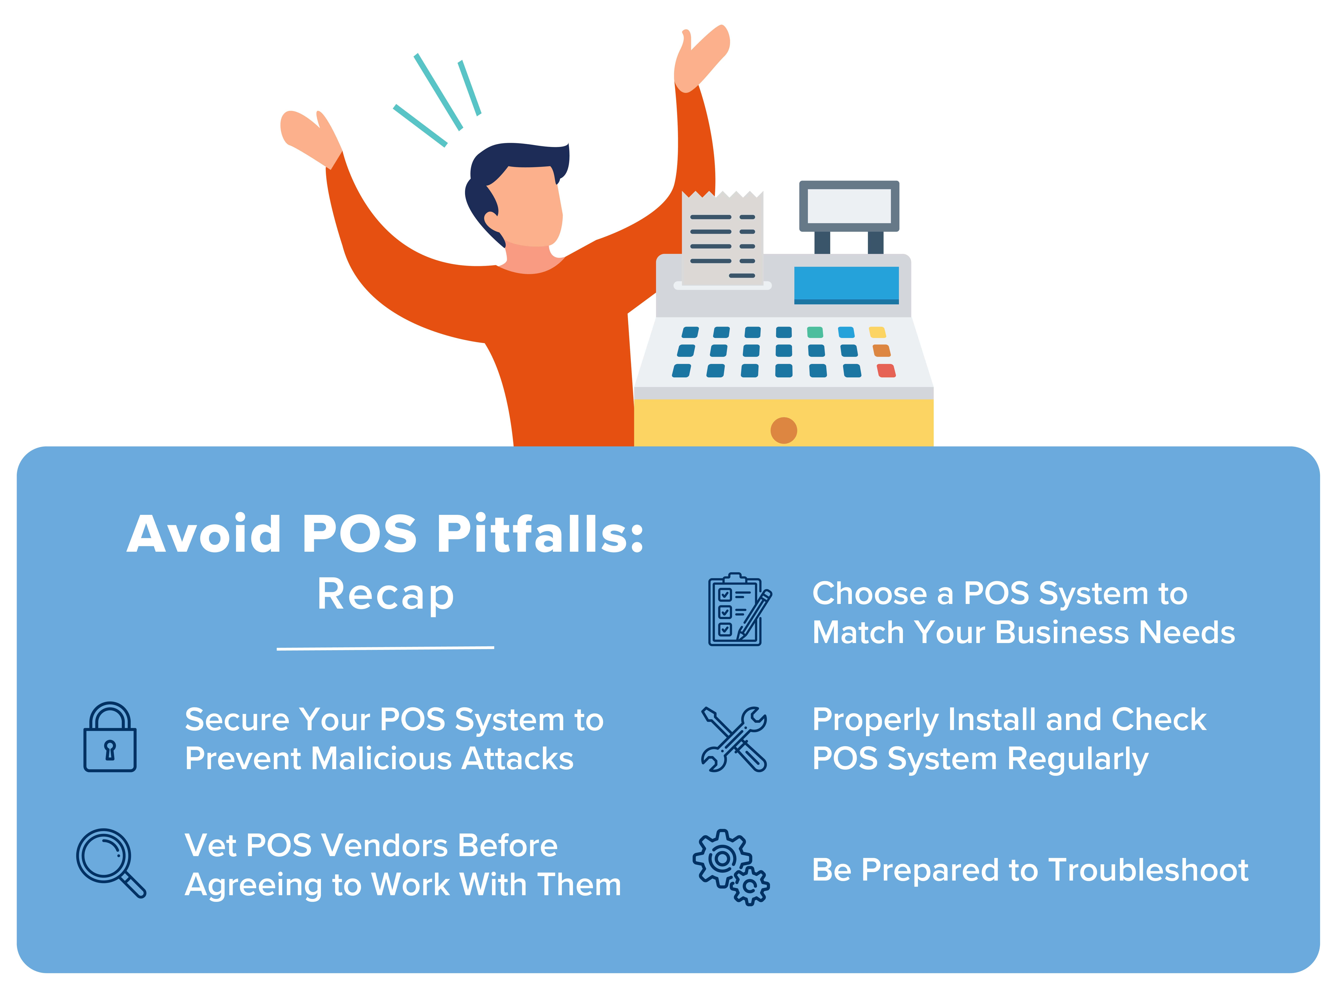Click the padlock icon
pos(110,737)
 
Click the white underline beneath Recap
pos(385,648)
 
